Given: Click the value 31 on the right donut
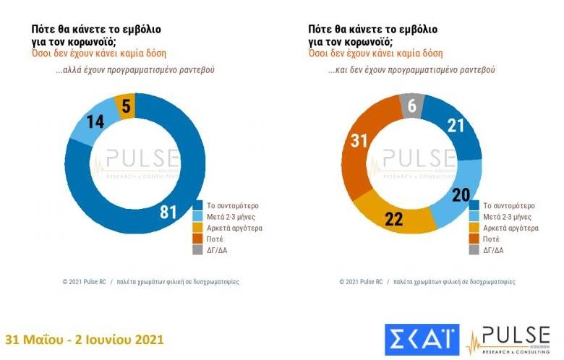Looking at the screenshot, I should tap(359, 140).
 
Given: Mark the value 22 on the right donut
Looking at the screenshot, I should tap(393, 219).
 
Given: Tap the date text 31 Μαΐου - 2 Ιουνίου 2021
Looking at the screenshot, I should tap(85, 339).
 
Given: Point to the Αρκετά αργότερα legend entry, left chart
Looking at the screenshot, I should tap(231, 226).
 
